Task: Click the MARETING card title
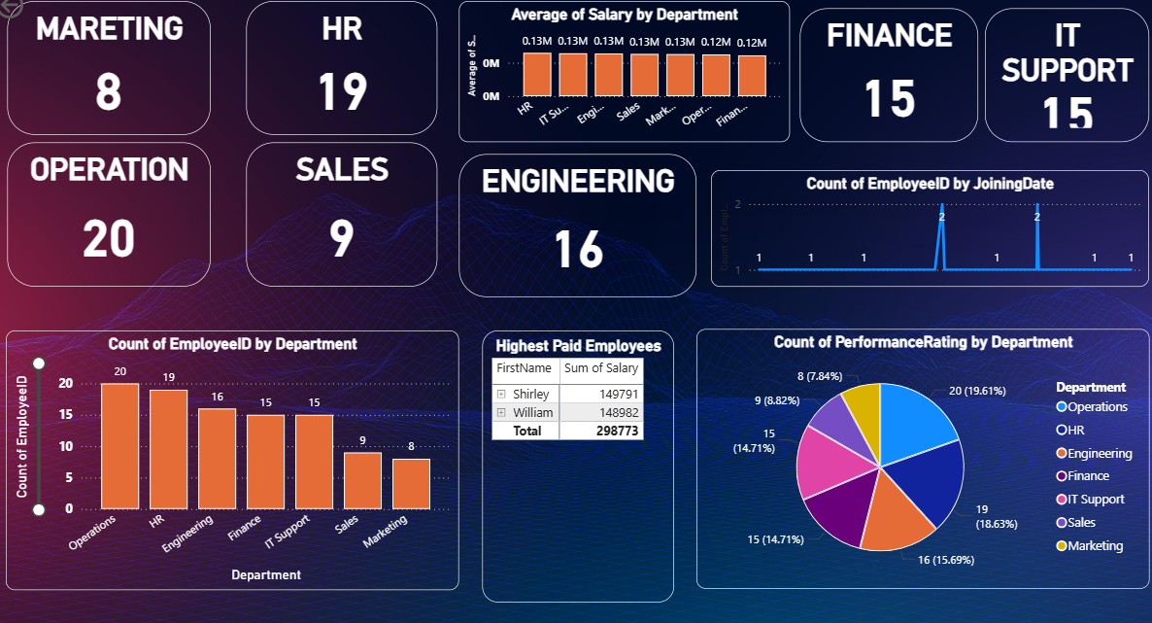coord(109,29)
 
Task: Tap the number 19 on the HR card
coord(342,91)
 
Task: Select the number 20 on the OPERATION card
coord(108,238)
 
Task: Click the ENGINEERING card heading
coord(578,182)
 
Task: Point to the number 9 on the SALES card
coord(341,238)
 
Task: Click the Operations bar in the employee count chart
coord(119,446)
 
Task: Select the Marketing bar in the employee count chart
coord(411,483)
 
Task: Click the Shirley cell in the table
coord(531,395)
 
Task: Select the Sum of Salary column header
coord(602,368)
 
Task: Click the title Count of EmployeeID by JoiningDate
coord(930,184)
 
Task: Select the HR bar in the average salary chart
coord(536,74)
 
